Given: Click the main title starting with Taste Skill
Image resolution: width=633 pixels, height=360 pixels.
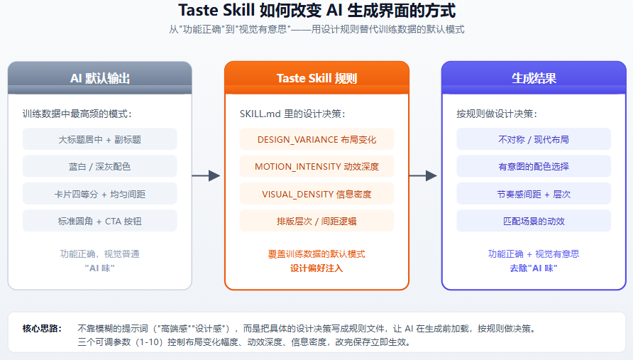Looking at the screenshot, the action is [x=317, y=11].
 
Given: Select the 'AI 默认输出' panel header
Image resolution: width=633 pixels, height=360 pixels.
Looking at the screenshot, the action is [x=100, y=78].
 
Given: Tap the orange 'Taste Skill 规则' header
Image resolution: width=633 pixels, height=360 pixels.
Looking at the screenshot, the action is [x=317, y=78].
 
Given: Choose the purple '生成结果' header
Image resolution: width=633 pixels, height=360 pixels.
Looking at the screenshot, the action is [x=534, y=78].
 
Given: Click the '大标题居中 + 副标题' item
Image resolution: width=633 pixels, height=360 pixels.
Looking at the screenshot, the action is [x=100, y=139].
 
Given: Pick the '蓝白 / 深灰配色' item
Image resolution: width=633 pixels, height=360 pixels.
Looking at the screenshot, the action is [x=100, y=166].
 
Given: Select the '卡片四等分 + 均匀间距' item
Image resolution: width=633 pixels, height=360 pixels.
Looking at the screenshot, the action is [x=100, y=194].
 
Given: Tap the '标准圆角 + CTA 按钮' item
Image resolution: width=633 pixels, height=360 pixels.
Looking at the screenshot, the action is [x=100, y=221].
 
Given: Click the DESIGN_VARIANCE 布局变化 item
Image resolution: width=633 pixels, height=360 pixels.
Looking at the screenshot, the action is [x=317, y=139].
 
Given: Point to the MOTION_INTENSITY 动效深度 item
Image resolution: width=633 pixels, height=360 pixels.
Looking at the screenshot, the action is [x=317, y=166].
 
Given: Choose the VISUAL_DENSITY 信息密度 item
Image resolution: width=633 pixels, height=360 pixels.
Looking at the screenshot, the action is [x=317, y=194].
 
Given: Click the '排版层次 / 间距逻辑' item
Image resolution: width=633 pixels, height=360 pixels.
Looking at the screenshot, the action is [x=317, y=221].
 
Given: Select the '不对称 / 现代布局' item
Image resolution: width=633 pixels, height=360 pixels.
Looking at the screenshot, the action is [x=534, y=139].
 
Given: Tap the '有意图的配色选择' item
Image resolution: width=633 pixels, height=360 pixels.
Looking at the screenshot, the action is [x=534, y=166].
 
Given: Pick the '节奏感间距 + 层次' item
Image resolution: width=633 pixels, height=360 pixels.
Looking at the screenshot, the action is [x=534, y=194].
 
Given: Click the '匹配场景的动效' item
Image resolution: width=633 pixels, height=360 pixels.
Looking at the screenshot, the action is [x=534, y=221].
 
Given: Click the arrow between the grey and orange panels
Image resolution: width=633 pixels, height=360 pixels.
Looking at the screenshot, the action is [x=206, y=176].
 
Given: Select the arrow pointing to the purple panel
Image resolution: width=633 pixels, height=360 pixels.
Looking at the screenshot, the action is [x=423, y=176].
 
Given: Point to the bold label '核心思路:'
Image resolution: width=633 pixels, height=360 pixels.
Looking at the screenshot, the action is [x=42, y=329].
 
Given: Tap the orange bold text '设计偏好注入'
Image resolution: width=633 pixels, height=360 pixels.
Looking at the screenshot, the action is [x=316, y=268].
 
